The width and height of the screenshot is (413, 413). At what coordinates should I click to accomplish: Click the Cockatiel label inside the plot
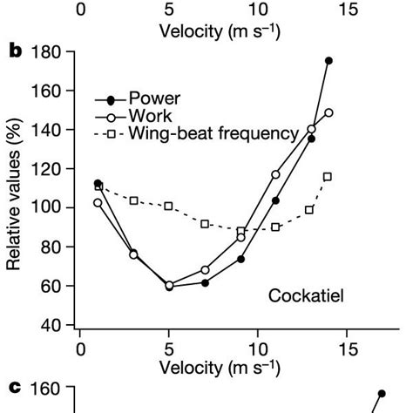[305, 296]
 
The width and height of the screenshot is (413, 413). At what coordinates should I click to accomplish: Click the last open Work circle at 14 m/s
[328, 113]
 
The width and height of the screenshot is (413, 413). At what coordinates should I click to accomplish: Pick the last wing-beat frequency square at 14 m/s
[328, 177]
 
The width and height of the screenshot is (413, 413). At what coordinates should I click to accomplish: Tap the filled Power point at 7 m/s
[206, 283]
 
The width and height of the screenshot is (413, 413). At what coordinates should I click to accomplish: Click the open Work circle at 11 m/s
[275, 174]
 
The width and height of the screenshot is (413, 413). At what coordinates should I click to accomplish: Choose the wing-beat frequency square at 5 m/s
[169, 206]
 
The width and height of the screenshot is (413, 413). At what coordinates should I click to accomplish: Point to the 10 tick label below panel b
[257, 349]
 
